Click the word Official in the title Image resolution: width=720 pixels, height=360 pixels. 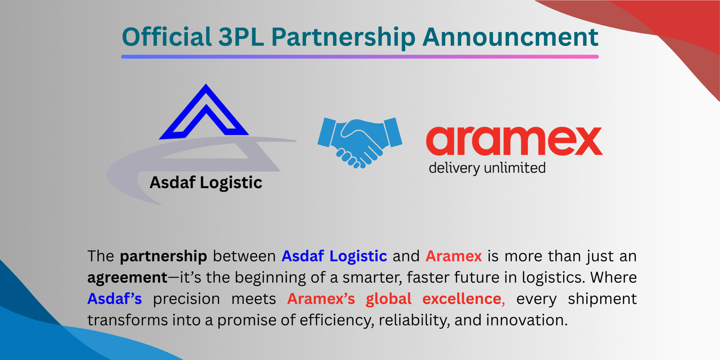[166, 37]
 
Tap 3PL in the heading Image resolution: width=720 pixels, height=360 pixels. [241, 37]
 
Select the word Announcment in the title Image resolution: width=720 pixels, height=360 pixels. [510, 37]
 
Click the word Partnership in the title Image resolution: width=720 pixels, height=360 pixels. [343, 38]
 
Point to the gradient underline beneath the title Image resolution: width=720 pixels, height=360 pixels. [360, 57]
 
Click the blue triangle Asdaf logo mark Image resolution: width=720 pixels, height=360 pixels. [205, 112]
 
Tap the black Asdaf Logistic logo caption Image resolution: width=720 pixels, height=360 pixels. [206, 183]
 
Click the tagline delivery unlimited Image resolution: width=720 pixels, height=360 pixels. [487, 168]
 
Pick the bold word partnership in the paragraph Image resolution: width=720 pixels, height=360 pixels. [163, 256]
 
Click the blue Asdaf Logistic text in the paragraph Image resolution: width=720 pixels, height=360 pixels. [334, 256]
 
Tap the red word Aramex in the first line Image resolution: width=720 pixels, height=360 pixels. [454, 256]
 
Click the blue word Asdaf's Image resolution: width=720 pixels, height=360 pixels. [115, 299]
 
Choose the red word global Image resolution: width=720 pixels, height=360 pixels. [388, 299]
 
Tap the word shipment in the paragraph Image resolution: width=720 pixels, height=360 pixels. [602, 299]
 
